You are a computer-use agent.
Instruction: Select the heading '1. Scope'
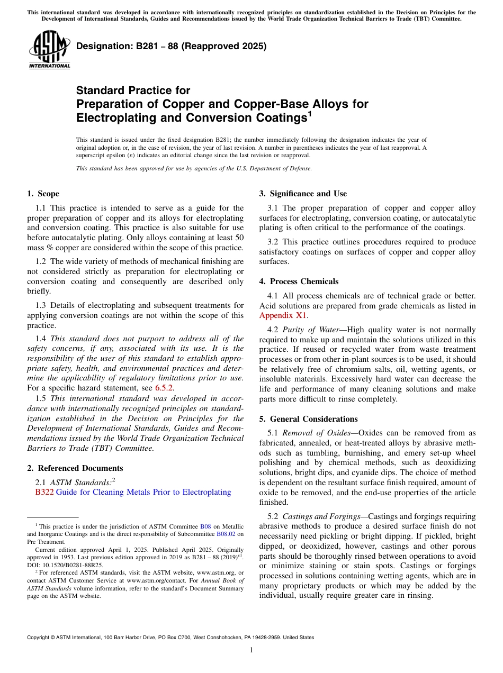(43, 194)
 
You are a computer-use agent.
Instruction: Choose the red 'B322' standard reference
(44, 492)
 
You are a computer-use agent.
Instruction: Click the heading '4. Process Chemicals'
(299, 281)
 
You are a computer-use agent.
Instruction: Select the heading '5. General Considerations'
(308, 419)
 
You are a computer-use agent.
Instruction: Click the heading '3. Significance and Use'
(303, 194)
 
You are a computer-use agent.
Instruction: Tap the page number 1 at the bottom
(251, 650)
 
